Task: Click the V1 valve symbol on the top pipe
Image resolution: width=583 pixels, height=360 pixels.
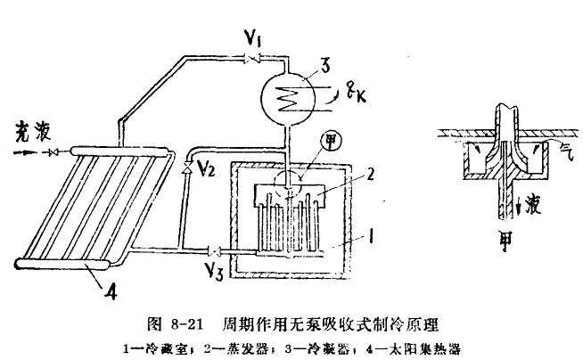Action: click(255, 58)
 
